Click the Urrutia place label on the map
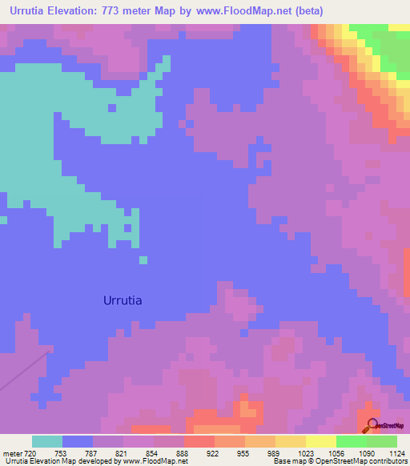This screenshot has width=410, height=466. pos(123,301)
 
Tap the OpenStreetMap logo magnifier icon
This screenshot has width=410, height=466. pos(371,425)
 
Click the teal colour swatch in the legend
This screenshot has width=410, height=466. pos(47,441)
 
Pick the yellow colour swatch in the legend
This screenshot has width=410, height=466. pos(320,441)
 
